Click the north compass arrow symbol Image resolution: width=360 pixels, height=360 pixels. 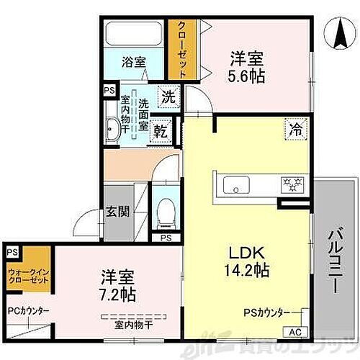[x=336, y=32]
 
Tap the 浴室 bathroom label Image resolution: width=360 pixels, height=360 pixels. [x=133, y=61]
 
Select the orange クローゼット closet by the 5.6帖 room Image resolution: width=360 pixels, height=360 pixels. [x=183, y=48]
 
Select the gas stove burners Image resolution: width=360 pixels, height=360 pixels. [x=292, y=185]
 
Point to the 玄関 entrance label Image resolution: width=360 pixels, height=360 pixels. [x=119, y=212]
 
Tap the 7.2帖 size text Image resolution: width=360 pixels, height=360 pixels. [x=118, y=294]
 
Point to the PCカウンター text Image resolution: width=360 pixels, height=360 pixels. [x=29, y=311]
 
